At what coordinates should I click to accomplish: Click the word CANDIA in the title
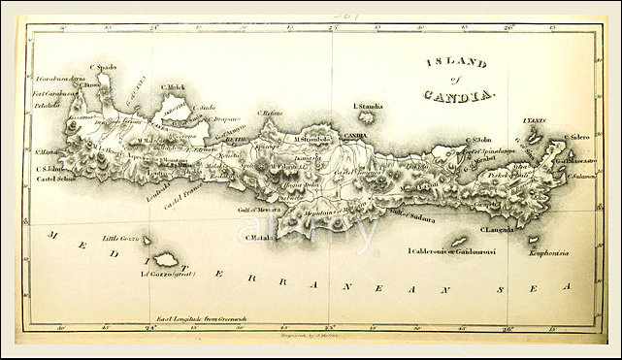coord(460,95)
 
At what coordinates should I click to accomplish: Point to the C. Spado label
coord(104,67)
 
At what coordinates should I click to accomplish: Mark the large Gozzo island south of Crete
coord(167,258)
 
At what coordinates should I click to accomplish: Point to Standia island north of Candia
coord(367,116)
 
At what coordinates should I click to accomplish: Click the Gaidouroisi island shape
coord(456,241)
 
